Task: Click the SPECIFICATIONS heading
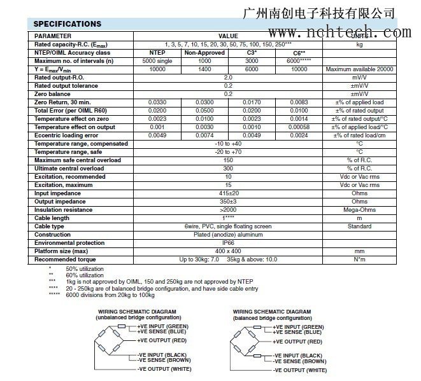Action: (67, 24)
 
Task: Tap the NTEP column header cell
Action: (157, 53)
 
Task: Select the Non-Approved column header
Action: (204, 53)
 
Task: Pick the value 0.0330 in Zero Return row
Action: (157, 102)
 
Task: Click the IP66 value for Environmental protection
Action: (227, 243)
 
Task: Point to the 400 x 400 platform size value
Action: (227, 251)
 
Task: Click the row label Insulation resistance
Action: (64, 210)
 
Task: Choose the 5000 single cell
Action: (157, 61)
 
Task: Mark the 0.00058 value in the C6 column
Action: (299, 127)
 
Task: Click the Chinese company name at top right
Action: (320, 13)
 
